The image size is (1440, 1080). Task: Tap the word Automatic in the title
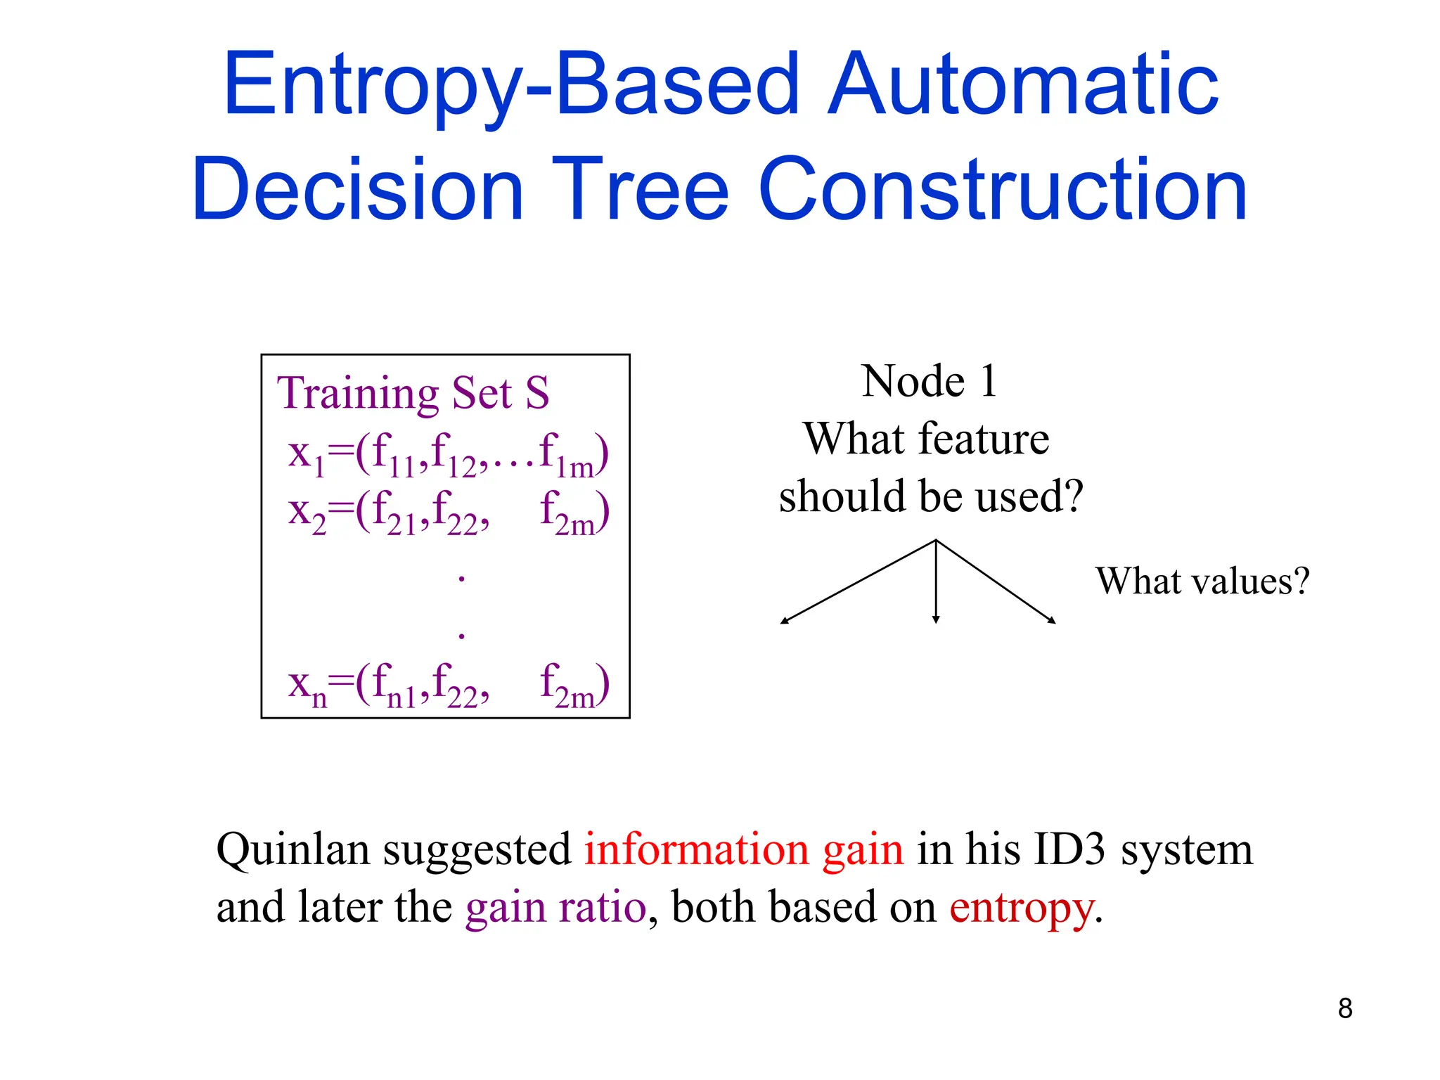[x=1023, y=86]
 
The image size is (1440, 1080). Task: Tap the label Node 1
[x=929, y=382]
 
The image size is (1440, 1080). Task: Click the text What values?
[x=1202, y=581]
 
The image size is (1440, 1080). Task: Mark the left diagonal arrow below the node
[x=858, y=581]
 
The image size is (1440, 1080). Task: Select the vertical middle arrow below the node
[x=936, y=584]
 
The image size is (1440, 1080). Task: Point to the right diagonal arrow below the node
[x=996, y=581]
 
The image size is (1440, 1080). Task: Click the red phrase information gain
[x=743, y=850]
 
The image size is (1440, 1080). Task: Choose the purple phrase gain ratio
[x=555, y=907]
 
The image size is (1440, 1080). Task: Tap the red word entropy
[x=1022, y=908]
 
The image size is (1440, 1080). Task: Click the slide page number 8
[x=1344, y=1008]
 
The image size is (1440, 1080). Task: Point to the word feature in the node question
[x=984, y=439]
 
